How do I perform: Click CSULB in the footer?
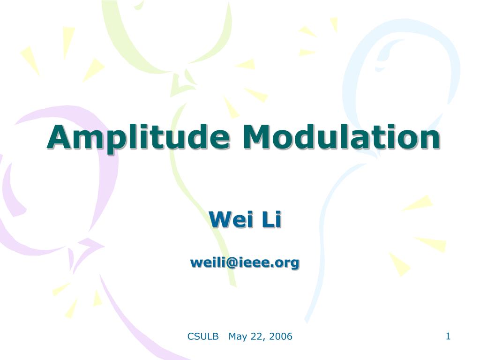pyautogui.click(x=203, y=336)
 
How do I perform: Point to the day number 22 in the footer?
pyautogui.click(x=256, y=336)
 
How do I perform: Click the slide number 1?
pyautogui.click(x=448, y=336)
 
